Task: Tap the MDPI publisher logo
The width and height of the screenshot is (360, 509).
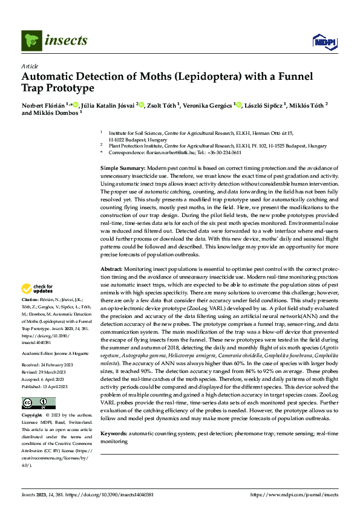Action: [x=321, y=41]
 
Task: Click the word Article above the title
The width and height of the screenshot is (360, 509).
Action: [x=30, y=65]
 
